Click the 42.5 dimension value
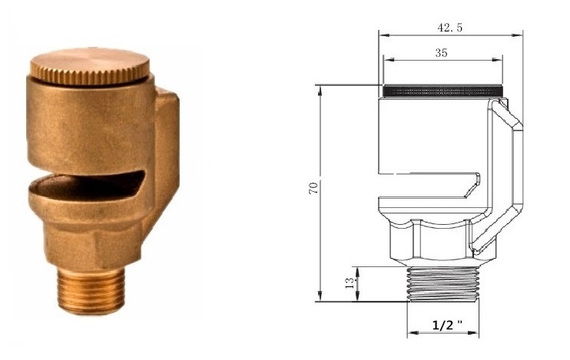(450, 28)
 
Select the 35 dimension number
(441, 53)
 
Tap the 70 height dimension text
(313, 188)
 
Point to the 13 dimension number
(350, 283)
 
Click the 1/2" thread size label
(448, 325)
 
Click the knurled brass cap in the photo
(90, 67)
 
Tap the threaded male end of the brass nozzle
(91, 291)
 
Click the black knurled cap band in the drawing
(443, 91)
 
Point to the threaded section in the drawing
(443, 284)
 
